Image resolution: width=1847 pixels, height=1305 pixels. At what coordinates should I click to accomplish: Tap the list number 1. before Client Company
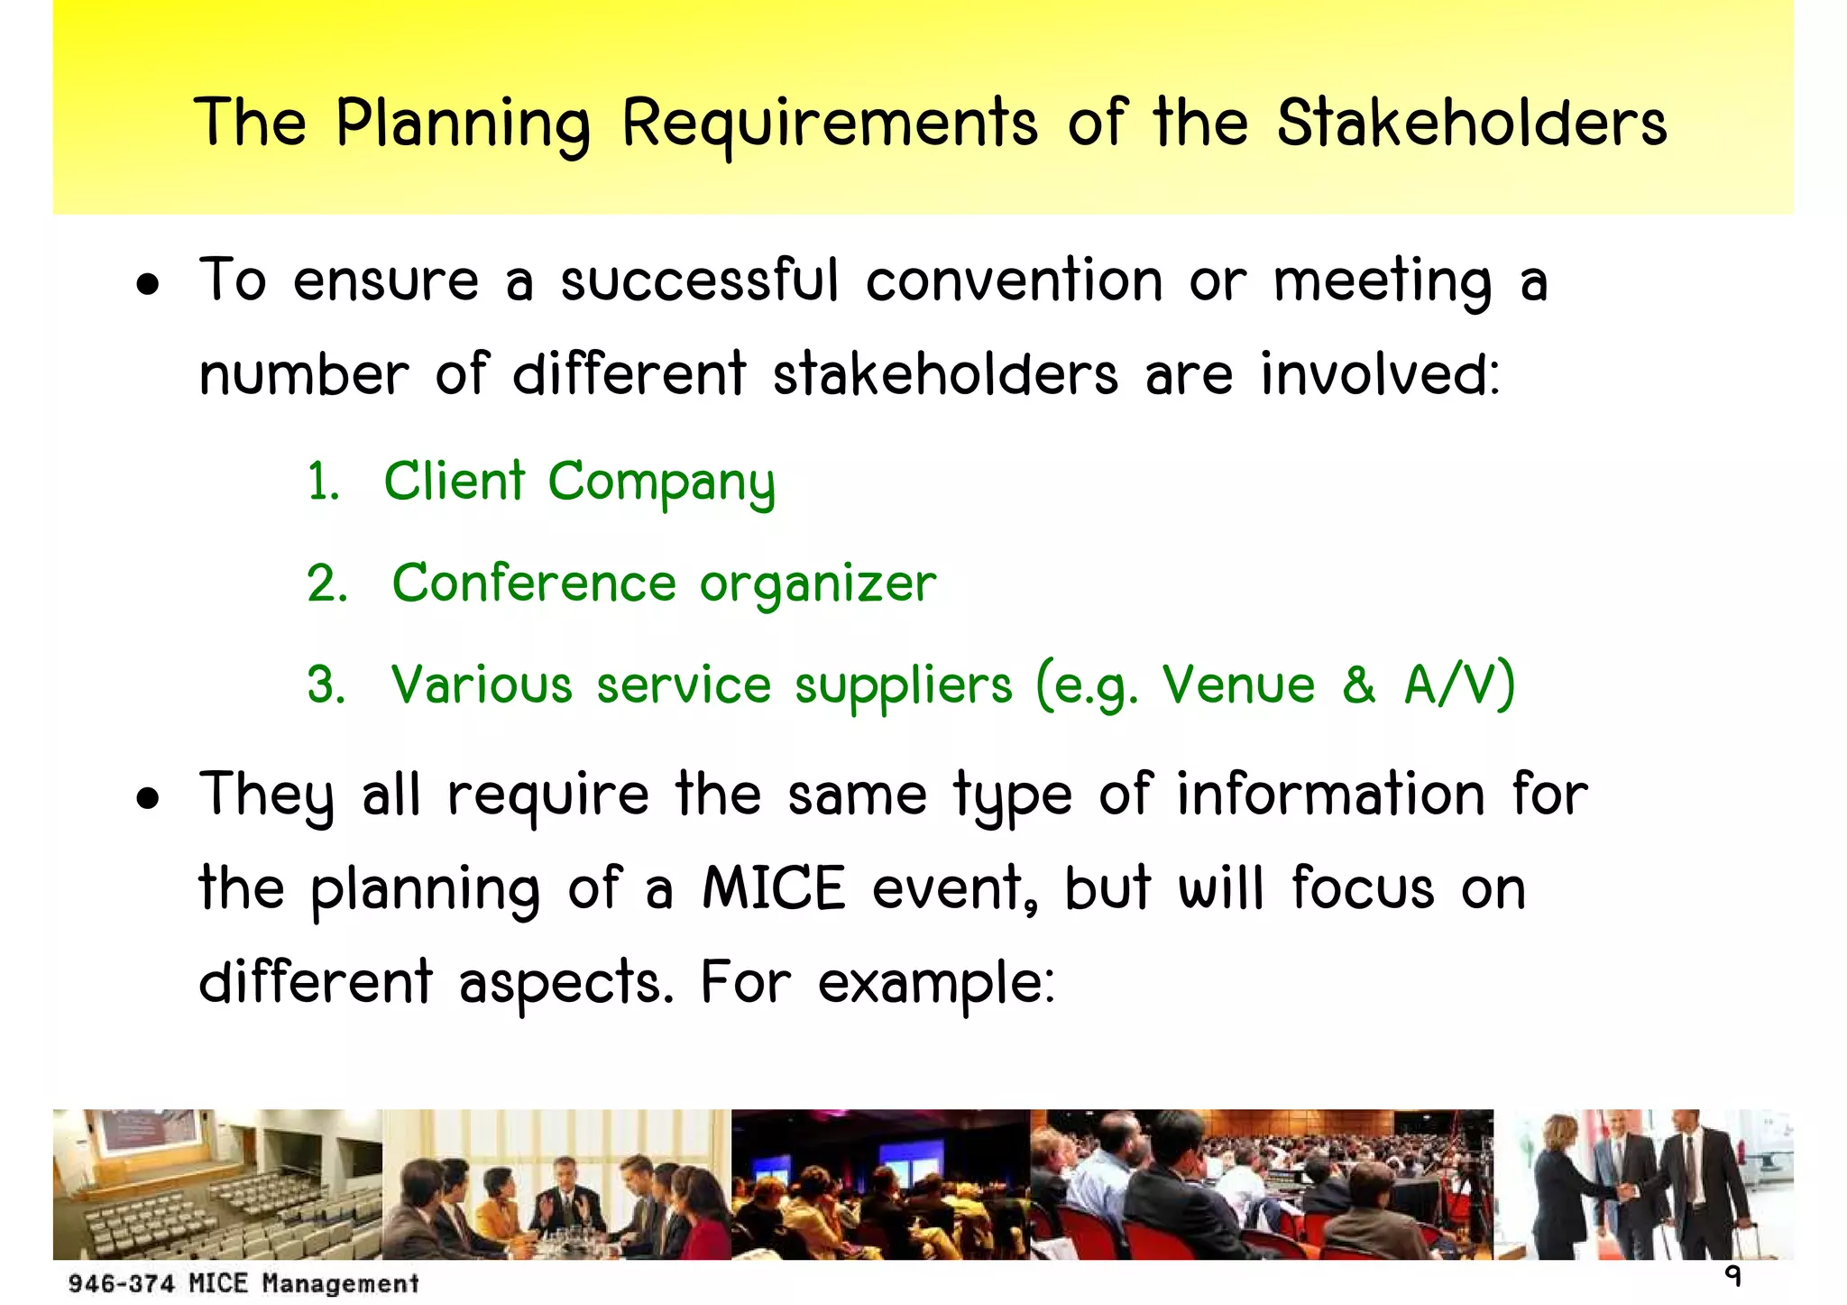click(323, 482)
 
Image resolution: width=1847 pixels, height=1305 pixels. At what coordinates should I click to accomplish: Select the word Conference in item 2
click(534, 583)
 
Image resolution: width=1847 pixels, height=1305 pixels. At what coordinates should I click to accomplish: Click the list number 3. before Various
click(326, 685)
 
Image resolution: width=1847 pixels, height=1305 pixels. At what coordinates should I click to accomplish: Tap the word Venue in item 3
click(1238, 685)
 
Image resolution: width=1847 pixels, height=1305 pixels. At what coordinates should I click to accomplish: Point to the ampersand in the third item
click(1358, 685)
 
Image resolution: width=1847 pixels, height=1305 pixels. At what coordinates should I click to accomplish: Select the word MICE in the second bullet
click(774, 887)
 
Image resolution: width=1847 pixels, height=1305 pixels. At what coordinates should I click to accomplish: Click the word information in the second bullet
click(1330, 795)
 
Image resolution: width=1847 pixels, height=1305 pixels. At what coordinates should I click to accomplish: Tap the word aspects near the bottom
click(566, 982)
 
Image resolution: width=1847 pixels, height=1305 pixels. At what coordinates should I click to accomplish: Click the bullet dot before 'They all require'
click(148, 798)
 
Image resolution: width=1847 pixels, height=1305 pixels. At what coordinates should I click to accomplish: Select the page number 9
click(1732, 1276)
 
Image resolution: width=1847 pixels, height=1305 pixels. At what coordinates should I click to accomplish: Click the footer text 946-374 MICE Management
click(244, 1282)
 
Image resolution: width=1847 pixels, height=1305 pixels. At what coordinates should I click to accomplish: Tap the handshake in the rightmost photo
click(1626, 1191)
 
